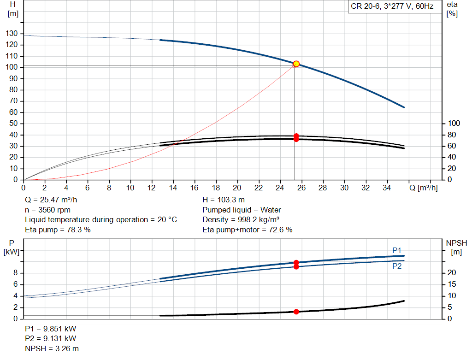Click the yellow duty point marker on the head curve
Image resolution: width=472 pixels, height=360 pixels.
[296, 64]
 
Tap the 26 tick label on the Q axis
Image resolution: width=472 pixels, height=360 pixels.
[301, 188]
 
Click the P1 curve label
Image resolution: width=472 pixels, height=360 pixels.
[397, 250]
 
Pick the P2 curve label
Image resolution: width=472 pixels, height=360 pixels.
[397, 266]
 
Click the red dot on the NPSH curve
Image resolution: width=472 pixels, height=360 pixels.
[296, 312]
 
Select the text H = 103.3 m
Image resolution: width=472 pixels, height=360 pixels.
[224, 200]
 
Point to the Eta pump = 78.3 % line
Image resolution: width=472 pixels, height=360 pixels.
[58, 229]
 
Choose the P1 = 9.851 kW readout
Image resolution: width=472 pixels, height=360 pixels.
[50, 330]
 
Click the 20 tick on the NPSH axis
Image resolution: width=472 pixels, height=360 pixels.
[451, 273]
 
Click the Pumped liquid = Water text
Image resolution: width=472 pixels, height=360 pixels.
[242, 210]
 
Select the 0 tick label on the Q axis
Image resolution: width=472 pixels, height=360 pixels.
[24, 188]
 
